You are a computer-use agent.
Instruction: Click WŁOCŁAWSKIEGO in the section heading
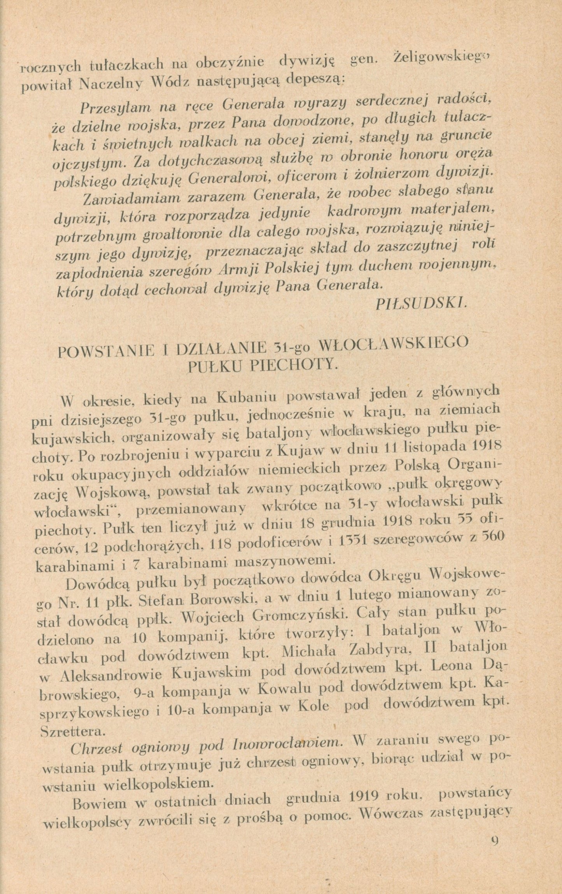coord(393,344)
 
